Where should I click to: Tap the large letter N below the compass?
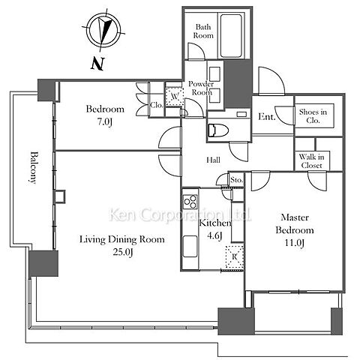point(97,64)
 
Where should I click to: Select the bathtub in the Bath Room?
point(231,35)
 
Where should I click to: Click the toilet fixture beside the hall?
point(218,130)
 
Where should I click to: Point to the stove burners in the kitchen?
point(190,202)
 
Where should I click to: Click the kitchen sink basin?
point(190,246)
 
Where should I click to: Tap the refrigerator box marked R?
point(234,257)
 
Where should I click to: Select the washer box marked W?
point(175,96)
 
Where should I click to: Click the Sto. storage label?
point(236,180)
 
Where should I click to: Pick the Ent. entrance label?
point(266,116)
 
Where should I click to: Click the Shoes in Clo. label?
point(313,116)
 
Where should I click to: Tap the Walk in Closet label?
point(312,161)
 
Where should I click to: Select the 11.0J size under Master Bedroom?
point(295,243)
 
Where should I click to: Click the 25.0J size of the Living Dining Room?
point(122,252)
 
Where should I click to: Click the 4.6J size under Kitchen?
point(214,235)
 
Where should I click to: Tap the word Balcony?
point(33,167)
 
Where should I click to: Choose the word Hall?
point(213,160)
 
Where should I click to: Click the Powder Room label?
point(202,88)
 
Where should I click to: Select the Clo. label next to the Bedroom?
point(157,105)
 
